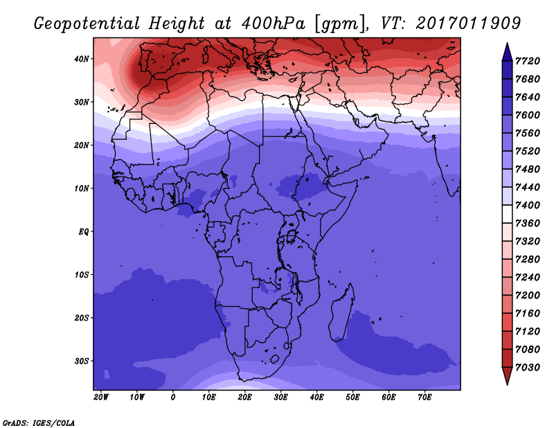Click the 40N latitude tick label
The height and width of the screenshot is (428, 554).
click(x=81, y=59)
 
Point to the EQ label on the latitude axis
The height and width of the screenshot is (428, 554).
click(x=83, y=232)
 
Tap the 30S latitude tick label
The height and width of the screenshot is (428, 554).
click(x=81, y=362)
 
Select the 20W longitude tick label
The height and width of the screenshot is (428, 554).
click(x=101, y=398)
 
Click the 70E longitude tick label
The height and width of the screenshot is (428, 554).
click(x=425, y=398)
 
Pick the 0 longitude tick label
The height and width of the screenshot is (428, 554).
click(x=172, y=398)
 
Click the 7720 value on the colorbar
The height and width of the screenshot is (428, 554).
click(x=528, y=61)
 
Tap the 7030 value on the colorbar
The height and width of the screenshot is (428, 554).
click(x=528, y=368)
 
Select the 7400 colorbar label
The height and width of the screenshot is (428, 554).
click(x=528, y=205)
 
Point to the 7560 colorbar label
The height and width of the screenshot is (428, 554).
click(x=528, y=133)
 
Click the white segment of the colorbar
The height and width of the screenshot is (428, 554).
click(x=507, y=214)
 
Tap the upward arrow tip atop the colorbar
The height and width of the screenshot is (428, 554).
click(x=507, y=44)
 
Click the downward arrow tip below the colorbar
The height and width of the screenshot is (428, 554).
click(x=507, y=384)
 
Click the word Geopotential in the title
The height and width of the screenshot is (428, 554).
click(x=87, y=24)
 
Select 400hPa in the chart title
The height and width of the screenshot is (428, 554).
click(x=273, y=24)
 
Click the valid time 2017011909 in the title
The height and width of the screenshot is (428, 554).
click(x=468, y=23)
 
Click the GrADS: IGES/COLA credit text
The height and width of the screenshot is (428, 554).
click(x=39, y=423)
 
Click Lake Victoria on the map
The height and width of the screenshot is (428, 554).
click(x=291, y=235)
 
